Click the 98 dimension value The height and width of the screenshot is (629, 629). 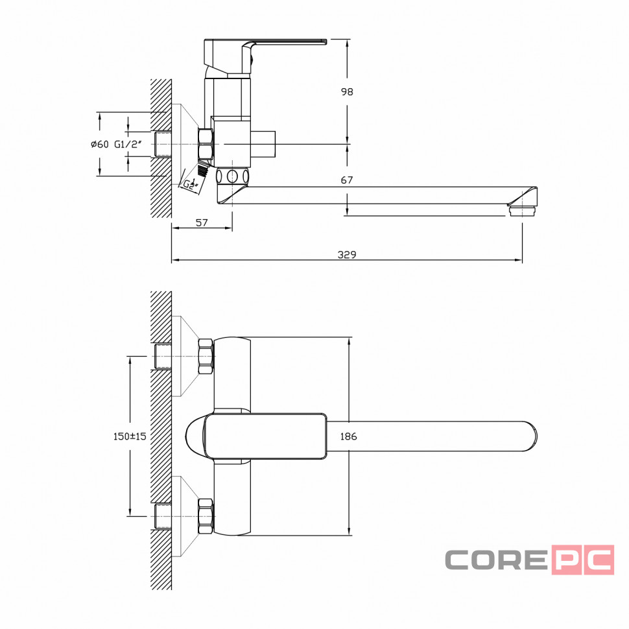point(347,92)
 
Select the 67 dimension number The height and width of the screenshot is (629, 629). point(347,180)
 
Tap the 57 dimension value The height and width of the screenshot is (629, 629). point(202,222)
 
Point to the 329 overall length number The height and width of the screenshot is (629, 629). point(347,254)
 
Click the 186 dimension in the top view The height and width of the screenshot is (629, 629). point(348,436)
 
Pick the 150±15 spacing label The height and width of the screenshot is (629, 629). point(130,436)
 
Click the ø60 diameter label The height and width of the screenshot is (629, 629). point(100,144)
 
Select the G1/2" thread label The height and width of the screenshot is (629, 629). point(128,144)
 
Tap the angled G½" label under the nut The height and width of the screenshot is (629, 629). point(191,184)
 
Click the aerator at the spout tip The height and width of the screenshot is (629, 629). point(522,211)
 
